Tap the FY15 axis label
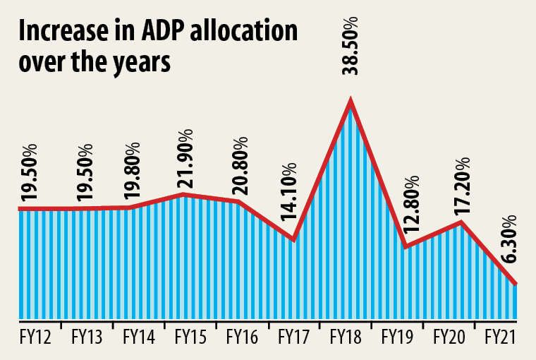click(190, 337)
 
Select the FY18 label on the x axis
click(345, 337)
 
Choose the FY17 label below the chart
click(293, 337)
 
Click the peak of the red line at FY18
click(351, 103)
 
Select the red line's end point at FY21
click(517, 284)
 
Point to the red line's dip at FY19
click(405, 246)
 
